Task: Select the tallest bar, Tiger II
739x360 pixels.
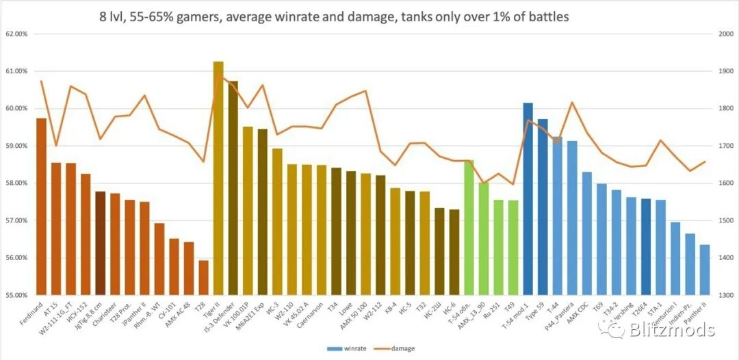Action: (218, 178)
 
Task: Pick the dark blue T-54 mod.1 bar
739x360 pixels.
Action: (528, 198)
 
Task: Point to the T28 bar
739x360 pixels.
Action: (203, 277)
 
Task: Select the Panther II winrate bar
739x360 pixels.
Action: (705, 270)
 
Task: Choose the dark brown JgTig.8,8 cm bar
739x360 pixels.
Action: (100, 243)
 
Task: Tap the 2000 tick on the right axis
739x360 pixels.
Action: (723, 34)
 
